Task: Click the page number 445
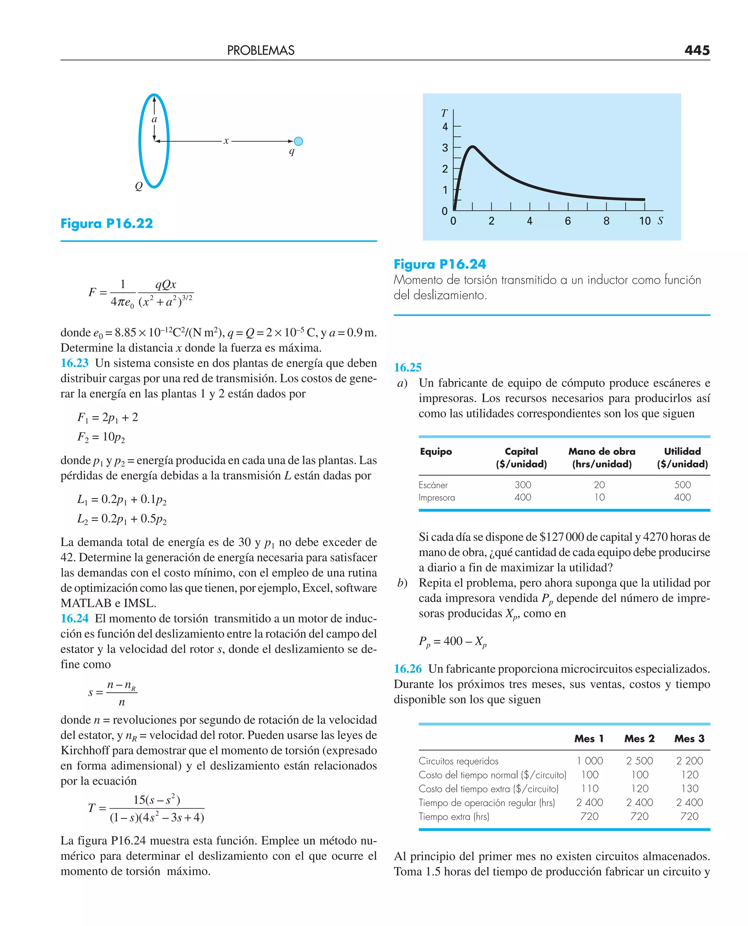697,50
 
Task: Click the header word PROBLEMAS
261,50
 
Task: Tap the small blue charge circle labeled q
298,141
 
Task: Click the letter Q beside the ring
139,186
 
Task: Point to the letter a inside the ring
154,120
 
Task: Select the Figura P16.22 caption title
107,223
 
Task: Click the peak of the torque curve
473,147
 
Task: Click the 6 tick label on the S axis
568,221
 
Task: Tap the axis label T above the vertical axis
444,113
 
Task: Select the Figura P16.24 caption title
440,264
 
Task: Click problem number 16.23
75,363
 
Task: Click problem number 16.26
408,669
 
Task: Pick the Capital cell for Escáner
523,485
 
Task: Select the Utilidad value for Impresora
682,497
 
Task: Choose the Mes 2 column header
639,738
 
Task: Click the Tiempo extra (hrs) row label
454,816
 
